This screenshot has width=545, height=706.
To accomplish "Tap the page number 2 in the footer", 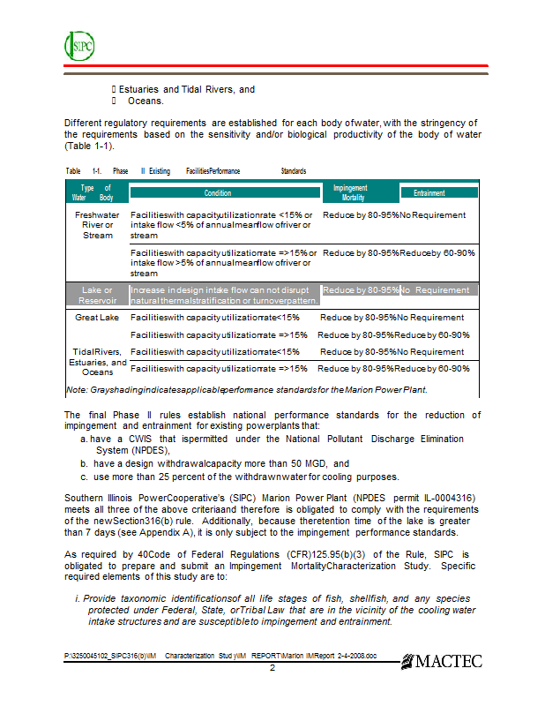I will pyautogui.click(x=272, y=668).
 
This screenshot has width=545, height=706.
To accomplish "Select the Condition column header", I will pyautogui.click(x=225, y=192).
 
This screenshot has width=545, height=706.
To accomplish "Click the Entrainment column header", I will pyautogui.click(x=438, y=192).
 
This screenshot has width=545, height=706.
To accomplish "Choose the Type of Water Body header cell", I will pyautogui.click(x=97, y=192).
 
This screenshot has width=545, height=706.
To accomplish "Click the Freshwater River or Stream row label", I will pyautogui.click(x=97, y=224).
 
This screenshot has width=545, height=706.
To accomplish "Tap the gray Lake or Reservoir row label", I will pyautogui.click(x=97, y=295).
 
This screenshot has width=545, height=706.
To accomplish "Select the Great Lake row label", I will pyautogui.click(x=97, y=318).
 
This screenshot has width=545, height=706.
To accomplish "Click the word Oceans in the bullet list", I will pyautogui.click(x=146, y=101).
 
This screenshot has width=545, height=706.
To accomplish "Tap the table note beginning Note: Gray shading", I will pyautogui.click(x=247, y=389).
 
